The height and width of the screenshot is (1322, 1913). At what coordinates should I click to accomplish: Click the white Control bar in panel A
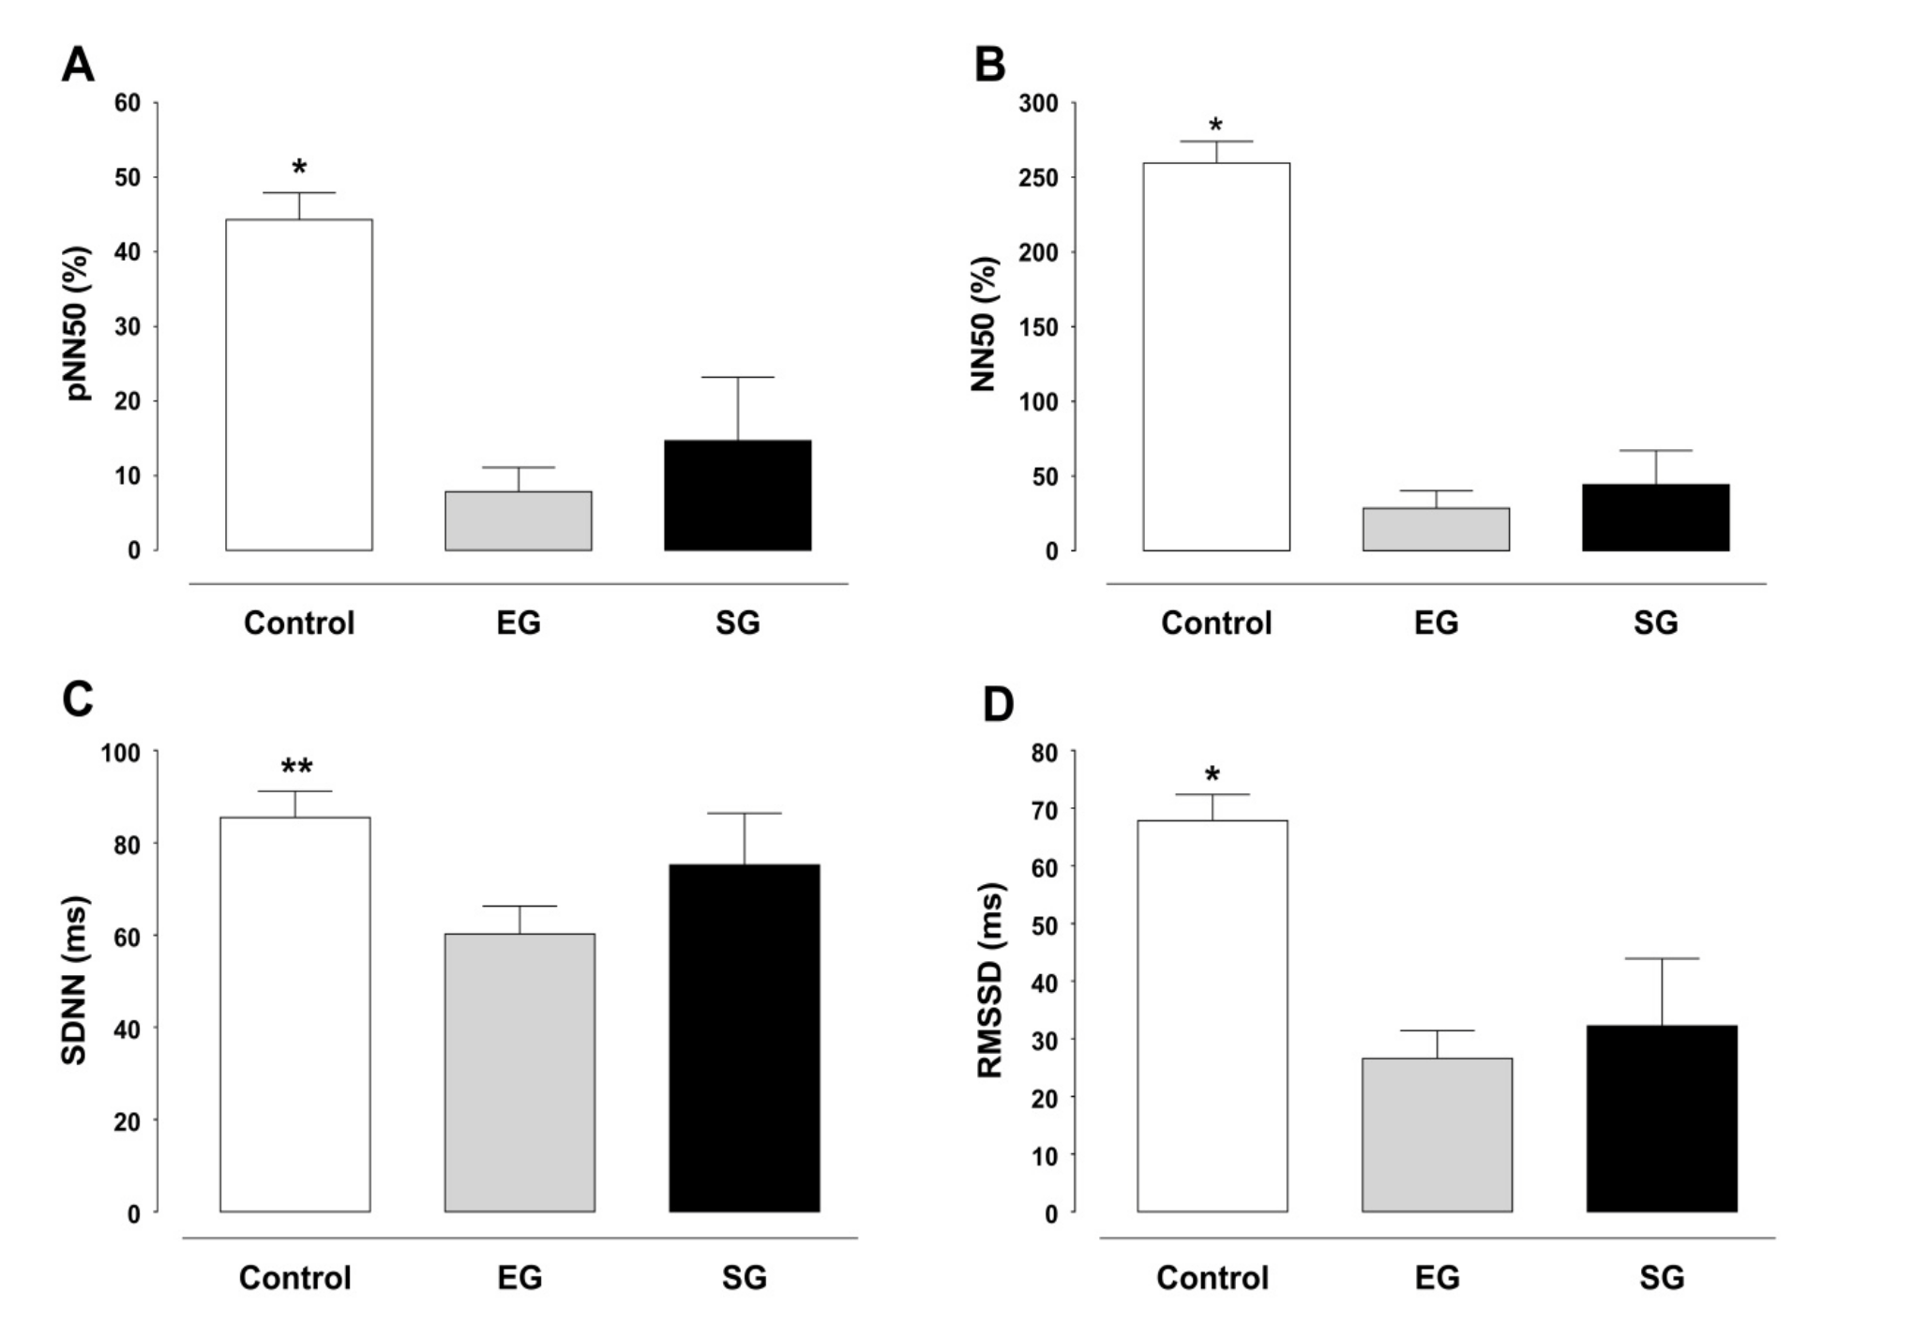[x=298, y=384]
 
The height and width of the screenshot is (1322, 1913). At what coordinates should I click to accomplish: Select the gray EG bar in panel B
[x=1436, y=529]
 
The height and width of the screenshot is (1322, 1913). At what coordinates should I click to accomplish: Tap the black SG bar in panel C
[x=745, y=1038]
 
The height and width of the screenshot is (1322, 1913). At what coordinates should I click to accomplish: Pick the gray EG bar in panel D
[x=1437, y=1134]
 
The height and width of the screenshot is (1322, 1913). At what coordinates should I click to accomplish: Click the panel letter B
[x=990, y=66]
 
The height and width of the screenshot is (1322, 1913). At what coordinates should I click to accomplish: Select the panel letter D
[x=998, y=704]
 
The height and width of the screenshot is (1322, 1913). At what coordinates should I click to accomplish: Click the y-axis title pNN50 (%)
[x=81, y=324]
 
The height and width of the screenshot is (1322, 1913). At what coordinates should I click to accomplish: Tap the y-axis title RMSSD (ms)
[x=990, y=981]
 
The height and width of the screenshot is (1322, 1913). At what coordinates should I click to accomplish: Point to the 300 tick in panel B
[x=1038, y=103]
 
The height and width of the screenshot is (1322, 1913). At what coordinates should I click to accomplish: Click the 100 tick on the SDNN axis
[x=120, y=753]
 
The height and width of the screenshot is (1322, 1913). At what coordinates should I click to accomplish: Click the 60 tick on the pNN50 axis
[x=128, y=103]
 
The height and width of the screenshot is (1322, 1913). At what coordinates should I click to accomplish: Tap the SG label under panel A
[x=737, y=623]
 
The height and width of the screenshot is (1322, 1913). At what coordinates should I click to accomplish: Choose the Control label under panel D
[x=1213, y=1277]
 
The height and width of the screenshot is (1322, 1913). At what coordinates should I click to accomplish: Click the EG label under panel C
[x=520, y=1277]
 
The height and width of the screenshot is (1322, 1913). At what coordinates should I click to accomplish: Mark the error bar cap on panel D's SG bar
[x=1662, y=958]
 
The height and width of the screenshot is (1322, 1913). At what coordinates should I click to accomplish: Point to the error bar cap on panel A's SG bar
[x=737, y=377]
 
